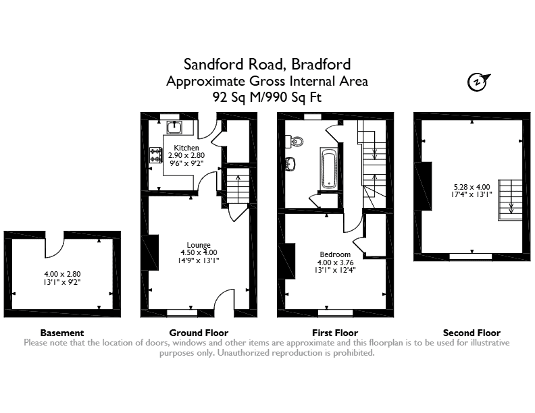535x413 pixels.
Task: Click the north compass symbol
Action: click(x=478, y=82)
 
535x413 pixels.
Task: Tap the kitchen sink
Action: click(x=174, y=128)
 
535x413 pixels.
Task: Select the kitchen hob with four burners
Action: click(x=155, y=155)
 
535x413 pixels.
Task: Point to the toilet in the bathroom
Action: click(x=295, y=141)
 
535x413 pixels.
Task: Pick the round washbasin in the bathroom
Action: click(x=290, y=164)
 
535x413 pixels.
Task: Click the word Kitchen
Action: click(x=186, y=148)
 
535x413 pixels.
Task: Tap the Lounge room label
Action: click(x=199, y=245)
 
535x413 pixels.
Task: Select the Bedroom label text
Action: click(x=335, y=254)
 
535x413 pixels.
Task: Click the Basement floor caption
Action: click(x=62, y=333)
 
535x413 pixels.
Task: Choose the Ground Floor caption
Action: click(x=199, y=333)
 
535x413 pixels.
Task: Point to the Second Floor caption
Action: click(x=472, y=333)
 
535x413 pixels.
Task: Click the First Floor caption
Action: click(x=335, y=333)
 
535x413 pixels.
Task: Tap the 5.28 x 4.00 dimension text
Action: click(x=472, y=187)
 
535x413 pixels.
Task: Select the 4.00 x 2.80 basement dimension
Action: click(x=62, y=274)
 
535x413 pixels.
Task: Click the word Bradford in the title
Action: click(x=321, y=64)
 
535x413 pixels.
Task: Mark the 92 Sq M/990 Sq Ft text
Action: click(x=267, y=97)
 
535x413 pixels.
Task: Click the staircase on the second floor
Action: click(x=510, y=200)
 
